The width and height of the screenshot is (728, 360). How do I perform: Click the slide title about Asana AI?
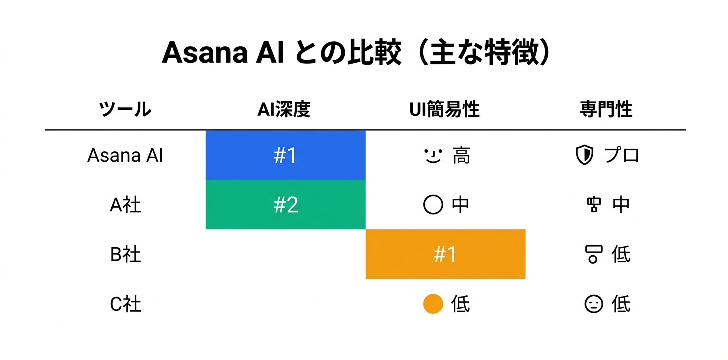click(356, 53)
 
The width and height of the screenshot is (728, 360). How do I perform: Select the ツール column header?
click(125, 109)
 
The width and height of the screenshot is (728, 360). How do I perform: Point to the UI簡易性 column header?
click(444, 109)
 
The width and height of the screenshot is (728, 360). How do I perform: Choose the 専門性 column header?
click(606, 109)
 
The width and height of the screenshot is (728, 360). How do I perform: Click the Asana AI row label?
click(125, 156)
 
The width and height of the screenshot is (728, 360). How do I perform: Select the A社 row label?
click(125, 205)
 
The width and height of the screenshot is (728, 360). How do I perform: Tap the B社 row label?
click(125, 254)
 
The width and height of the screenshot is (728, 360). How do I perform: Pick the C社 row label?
click(125, 304)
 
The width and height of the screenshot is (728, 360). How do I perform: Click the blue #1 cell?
click(285, 156)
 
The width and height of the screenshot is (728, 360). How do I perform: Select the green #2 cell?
click(285, 205)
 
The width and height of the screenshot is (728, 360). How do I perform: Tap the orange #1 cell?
click(445, 254)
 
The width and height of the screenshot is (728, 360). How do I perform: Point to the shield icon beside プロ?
click(584, 156)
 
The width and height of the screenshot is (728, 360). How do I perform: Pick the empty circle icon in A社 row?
click(433, 205)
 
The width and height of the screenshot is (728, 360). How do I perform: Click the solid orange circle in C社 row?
click(433, 304)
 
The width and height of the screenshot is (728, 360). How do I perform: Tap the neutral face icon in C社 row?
click(594, 304)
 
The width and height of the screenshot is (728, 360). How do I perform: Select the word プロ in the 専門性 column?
click(622, 156)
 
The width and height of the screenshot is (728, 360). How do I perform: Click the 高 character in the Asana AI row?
click(461, 156)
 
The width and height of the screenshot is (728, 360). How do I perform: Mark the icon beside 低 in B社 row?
click(593, 254)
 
